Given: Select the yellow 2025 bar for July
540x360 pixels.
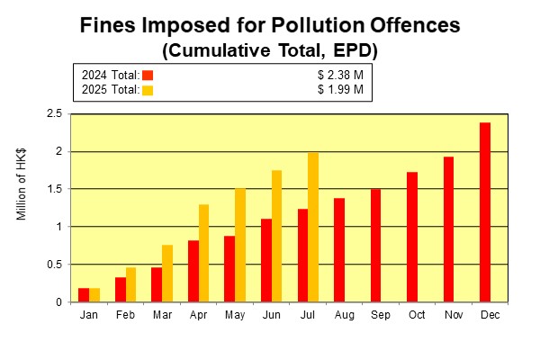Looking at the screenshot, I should click(x=312, y=227).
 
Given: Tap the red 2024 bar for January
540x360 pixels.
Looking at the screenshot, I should click(x=84, y=295).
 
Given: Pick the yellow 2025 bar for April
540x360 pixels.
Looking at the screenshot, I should click(x=203, y=253).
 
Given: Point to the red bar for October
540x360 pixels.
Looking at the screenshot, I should click(x=412, y=237).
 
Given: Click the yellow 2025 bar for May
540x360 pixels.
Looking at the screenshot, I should click(x=240, y=245).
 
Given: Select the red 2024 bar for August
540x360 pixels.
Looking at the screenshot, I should click(x=339, y=250).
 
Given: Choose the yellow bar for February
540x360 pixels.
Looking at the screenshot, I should click(x=131, y=284).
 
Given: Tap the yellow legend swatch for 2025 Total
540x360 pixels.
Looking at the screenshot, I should click(x=148, y=89).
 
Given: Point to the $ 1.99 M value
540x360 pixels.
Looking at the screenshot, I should click(x=341, y=89).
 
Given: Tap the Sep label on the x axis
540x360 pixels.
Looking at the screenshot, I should click(x=374, y=314).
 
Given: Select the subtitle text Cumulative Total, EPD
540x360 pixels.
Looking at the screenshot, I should click(x=269, y=50).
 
